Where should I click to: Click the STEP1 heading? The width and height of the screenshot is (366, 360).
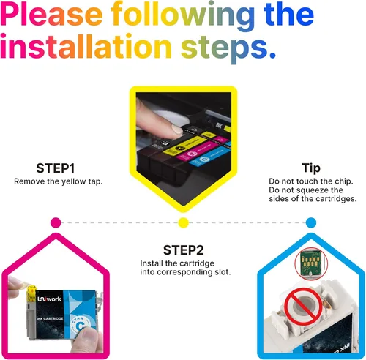pyautogui.click(x=56, y=168)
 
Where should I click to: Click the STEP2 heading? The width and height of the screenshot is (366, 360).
pyautogui.click(x=183, y=250)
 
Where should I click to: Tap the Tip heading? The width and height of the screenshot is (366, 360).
pyautogui.click(x=311, y=168)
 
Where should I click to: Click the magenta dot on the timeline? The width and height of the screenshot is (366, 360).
pyautogui.click(x=56, y=222)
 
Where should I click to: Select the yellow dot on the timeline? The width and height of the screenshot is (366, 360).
pyautogui.click(x=183, y=222)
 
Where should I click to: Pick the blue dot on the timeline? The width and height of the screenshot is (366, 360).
pyautogui.click(x=311, y=222)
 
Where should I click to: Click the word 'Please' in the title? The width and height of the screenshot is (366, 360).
pyautogui.click(x=51, y=15)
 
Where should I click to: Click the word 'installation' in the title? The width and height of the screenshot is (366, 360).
pyautogui.click(x=86, y=45)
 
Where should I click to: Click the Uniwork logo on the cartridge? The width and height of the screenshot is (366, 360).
pyautogui.click(x=49, y=299)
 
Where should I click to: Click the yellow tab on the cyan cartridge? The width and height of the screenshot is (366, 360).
pyautogui.click(x=31, y=293)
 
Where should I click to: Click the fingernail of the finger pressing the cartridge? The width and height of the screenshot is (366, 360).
pyautogui.click(x=176, y=129)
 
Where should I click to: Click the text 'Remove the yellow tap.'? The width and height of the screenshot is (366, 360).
pyautogui.click(x=59, y=181)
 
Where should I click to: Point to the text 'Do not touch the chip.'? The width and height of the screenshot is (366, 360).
pyautogui.click(x=311, y=181)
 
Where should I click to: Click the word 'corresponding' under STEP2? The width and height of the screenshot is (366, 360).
pyautogui.click(x=184, y=272)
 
